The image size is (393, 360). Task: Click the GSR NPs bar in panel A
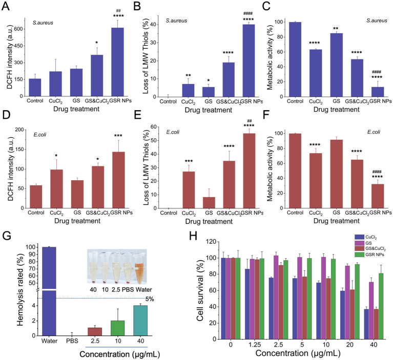click(x=117, y=62)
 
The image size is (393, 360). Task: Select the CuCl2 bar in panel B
click(x=188, y=91)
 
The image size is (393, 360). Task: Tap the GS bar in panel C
click(x=336, y=65)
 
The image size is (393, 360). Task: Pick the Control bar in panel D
click(x=36, y=197)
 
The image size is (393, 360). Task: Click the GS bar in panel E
click(x=209, y=203)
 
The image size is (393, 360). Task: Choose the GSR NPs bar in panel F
click(x=378, y=196)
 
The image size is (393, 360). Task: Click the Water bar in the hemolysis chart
click(x=49, y=291)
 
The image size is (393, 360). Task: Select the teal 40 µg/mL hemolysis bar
click(x=140, y=321)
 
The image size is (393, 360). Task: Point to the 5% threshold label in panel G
click(x=150, y=299)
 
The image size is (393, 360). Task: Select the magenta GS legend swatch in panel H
click(x=359, y=243)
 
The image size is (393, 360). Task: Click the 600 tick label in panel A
click(x=20, y=29)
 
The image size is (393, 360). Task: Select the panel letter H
click(x=193, y=236)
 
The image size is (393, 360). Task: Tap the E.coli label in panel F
click(x=374, y=132)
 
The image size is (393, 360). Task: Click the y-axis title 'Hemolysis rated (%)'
click(x=20, y=290)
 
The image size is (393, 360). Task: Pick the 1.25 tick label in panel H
click(x=255, y=345)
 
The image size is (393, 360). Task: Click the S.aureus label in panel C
click(x=377, y=21)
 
